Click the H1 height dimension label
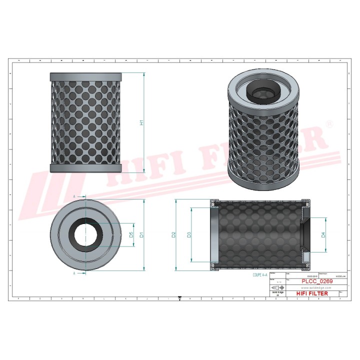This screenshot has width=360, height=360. click(x=141, y=122)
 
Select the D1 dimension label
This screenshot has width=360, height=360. click(x=141, y=234)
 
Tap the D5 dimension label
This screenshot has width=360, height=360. click(x=131, y=234)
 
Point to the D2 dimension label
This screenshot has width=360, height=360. click(x=173, y=234)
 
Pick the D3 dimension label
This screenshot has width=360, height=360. click(x=188, y=234)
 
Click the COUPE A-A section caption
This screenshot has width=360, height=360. click(x=255, y=274)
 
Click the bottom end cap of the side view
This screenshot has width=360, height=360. click(x=85, y=167)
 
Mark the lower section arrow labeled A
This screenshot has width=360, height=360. click(x=75, y=274)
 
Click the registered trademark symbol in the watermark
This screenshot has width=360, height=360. click(x=328, y=122)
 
